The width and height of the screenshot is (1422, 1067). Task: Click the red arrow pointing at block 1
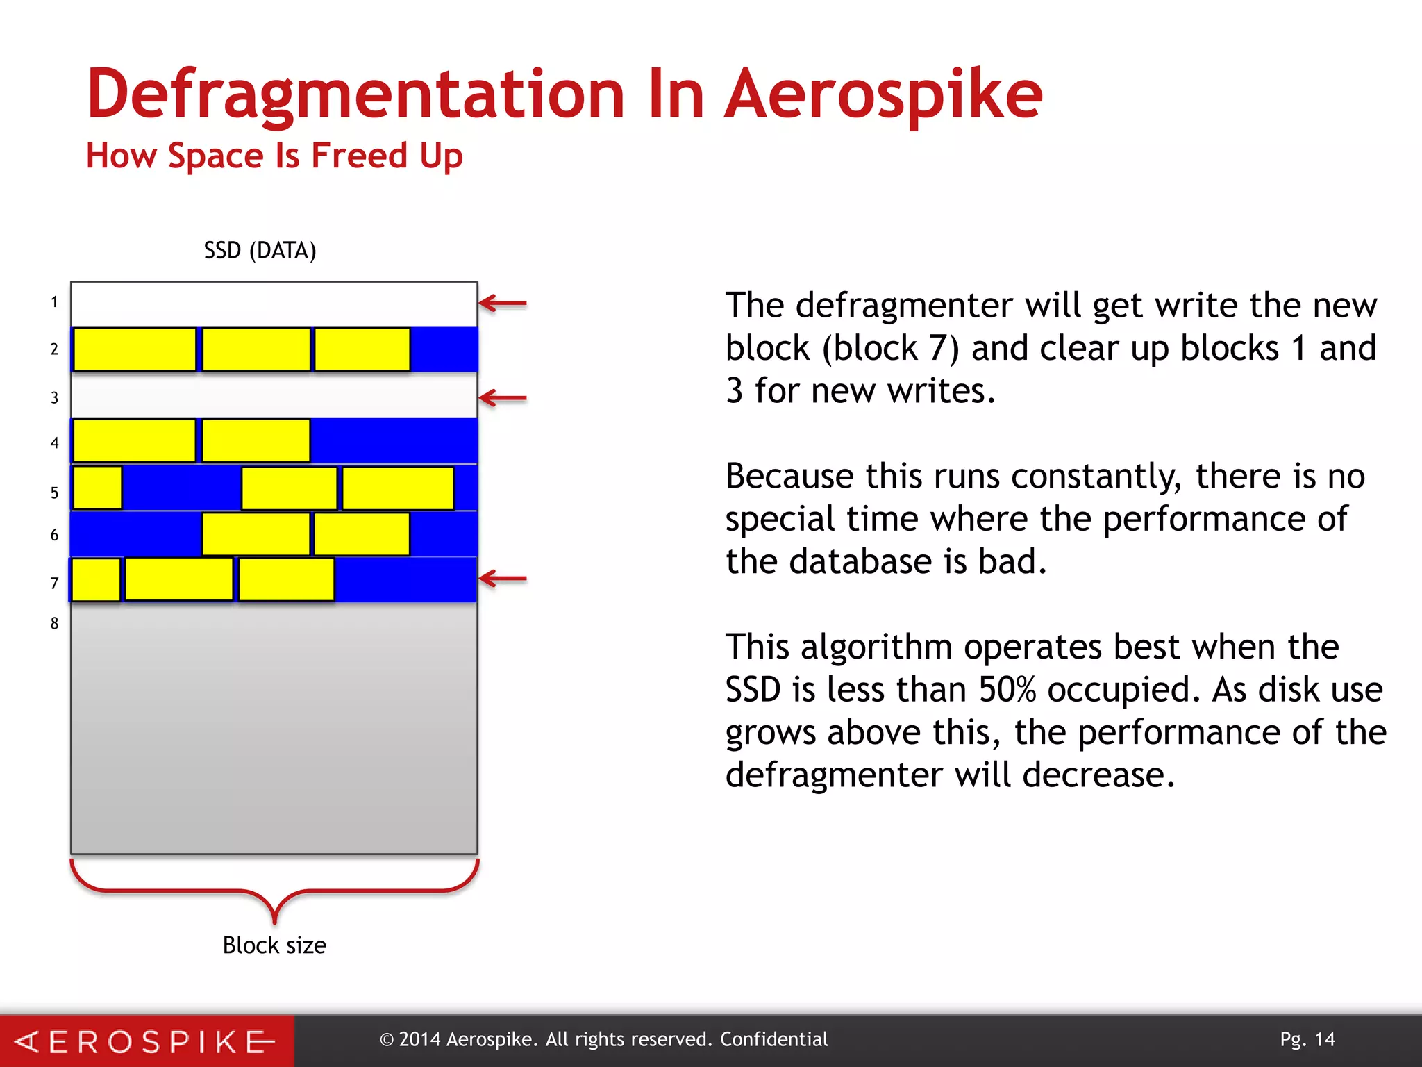pyautogui.click(x=503, y=303)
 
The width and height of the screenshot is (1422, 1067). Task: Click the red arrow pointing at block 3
pyautogui.click(x=503, y=398)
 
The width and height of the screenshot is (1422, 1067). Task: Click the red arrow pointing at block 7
pyautogui.click(x=503, y=578)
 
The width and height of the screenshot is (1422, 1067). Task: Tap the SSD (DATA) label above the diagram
pyautogui.click(x=260, y=251)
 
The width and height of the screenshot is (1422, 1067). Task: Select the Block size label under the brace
pyautogui.click(x=274, y=945)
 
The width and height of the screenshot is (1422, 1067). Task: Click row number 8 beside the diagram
pyautogui.click(x=54, y=623)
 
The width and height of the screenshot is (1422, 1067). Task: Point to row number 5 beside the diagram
pyautogui.click(x=54, y=493)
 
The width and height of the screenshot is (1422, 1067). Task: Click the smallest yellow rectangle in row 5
pyautogui.click(x=97, y=488)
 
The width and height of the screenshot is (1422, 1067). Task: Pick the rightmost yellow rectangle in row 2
pyautogui.click(x=362, y=349)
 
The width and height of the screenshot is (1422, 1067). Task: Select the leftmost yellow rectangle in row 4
pyautogui.click(x=134, y=440)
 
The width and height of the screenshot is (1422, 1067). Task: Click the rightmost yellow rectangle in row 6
pyautogui.click(x=362, y=534)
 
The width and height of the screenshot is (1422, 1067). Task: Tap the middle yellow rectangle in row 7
pyautogui.click(x=178, y=579)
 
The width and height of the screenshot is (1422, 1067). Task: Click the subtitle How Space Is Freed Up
pyautogui.click(x=274, y=156)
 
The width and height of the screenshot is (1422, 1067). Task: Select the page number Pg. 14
pyautogui.click(x=1307, y=1039)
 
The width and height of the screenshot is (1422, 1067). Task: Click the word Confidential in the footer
pyautogui.click(x=773, y=1039)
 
